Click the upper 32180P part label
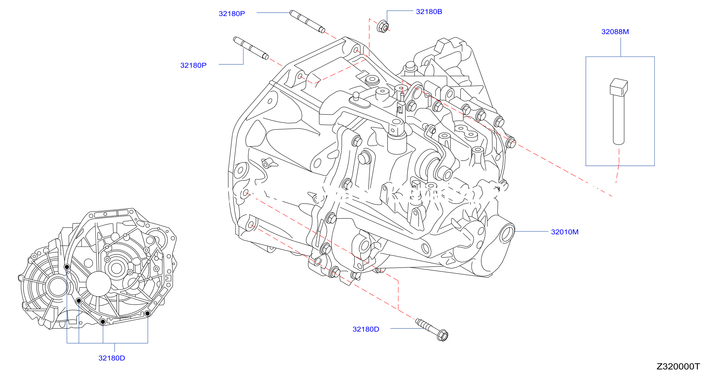pyautogui.click(x=232, y=14)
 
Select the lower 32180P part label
pyautogui.click(x=193, y=65)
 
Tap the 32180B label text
pyautogui.click(x=429, y=11)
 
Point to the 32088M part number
pyautogui.click(x=615, y=32)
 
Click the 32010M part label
pyautogui.click(x=565, y=232)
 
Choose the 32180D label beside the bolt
pyautogui.click(x=366, y=329)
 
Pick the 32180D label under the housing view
pyautogui.click(x=112, y=358)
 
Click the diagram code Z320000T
pyautogui.click(x=678, y=366)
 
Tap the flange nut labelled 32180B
pyautogui.click(x=383, y=26)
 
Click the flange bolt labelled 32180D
pyautogui.click(x=431, y=330)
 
